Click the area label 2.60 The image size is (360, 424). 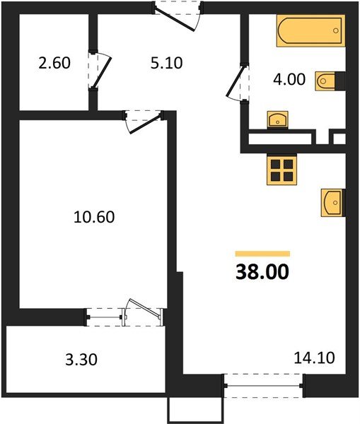click(x=54, y=62)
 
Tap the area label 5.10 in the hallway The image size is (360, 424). click(x=167, y=62)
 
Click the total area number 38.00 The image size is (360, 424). click(x=262, y=271)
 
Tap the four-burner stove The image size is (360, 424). click(x=281, y=170)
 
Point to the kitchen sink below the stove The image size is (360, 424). click(x=332, y=201)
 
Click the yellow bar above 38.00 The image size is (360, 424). click(x=262, y=253)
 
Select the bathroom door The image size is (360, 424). click(x=237, y=83)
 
